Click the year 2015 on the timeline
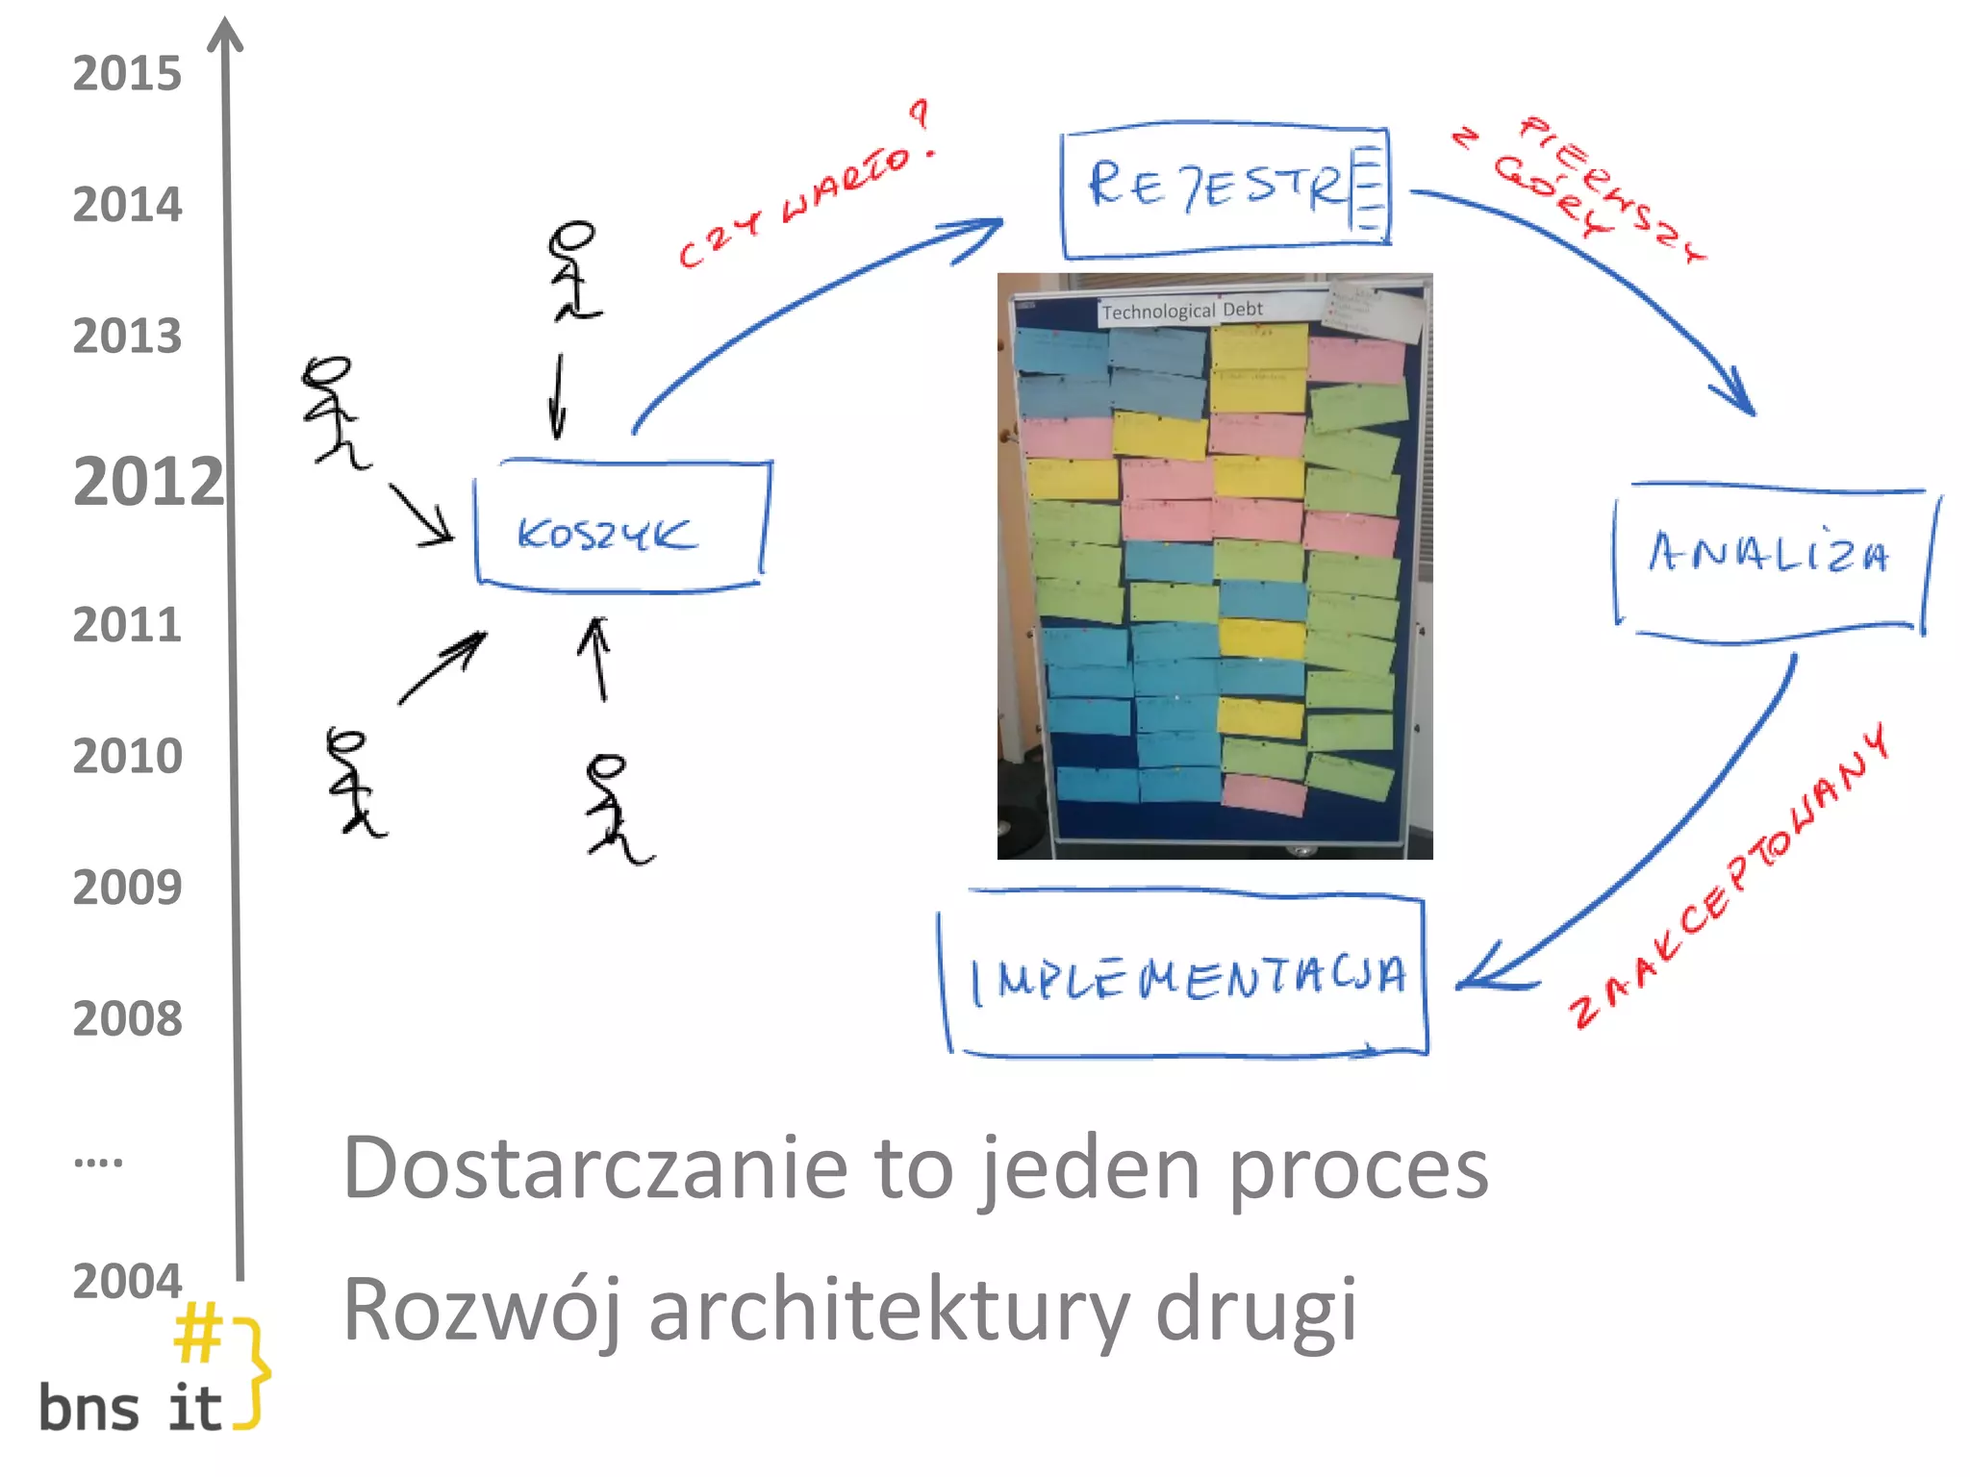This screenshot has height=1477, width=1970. pyautogui.click(x=127, y=74)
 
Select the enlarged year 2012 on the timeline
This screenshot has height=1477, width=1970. pyautogui.click(x=147, y=482)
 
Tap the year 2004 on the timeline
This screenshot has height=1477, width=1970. pyautogui.click(x=127, y=1282)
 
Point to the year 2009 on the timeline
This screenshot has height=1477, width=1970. pyautogui.click(x=127, y=888)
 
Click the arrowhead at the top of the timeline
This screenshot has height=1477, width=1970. pyautogui.click(x=226, y=34)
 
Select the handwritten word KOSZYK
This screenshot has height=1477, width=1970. pyautogui.click(x=606, y=535)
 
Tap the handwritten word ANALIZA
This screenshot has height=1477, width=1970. pyautogui.click(x=1768, y=554)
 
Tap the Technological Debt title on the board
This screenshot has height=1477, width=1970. pyautogui.click(x=1181, y=311)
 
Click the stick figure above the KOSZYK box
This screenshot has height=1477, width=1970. pyautogui.click(x=573, y=271)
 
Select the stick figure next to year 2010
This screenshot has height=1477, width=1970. pyautogui.click(x=352, y=783)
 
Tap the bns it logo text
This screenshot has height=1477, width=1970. pyautogui.click(x=130, y=1410)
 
